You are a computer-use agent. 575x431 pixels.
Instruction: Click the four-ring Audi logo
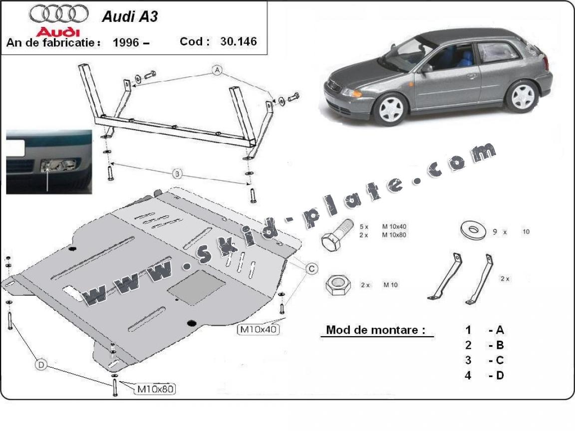coord(59,13)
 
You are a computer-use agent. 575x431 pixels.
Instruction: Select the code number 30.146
coord(239,41)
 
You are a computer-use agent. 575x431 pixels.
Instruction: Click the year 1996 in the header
coord(125,42)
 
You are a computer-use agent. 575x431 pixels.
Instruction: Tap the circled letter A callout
coord(217,70)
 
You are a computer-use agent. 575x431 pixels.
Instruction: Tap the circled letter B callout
coord(177,174)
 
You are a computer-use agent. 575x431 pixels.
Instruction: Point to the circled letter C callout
coord(311,269)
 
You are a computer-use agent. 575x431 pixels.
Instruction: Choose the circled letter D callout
coord(41,366)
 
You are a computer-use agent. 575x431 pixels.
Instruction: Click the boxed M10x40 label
coord(258,329)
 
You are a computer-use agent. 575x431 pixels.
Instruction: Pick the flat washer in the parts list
coord(473,231)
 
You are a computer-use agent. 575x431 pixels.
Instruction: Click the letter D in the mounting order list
coord(500,375)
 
